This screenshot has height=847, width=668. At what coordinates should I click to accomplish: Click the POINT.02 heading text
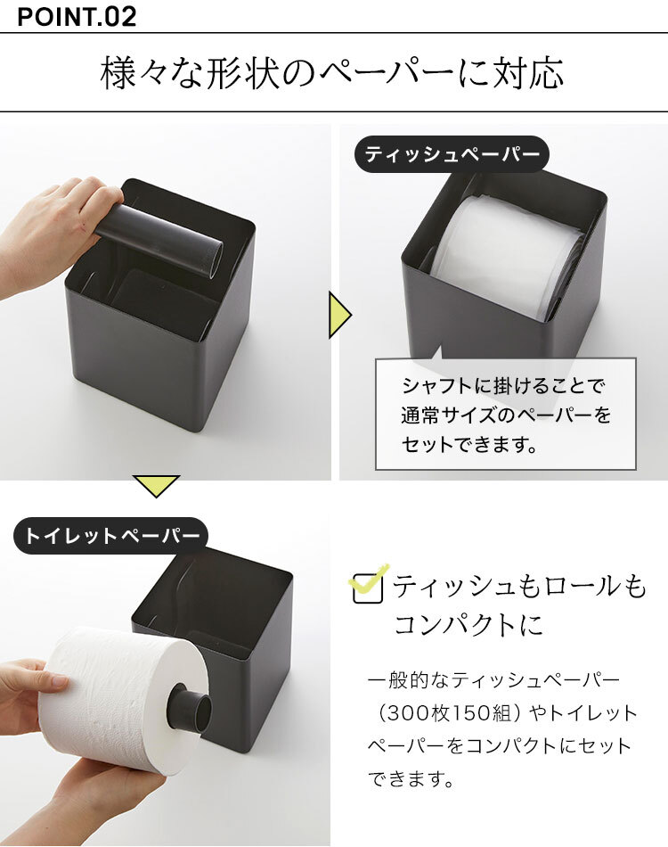pyautogui.click(x=77, y=16)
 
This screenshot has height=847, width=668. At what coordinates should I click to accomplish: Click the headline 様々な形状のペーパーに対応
pyautogui.click(x=332, y=72)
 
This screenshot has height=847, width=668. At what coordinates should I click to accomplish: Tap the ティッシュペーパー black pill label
pyautogui.click(x=452, y=154)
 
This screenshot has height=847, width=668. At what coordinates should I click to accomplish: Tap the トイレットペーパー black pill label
pyautogui.click(x=110, y=536)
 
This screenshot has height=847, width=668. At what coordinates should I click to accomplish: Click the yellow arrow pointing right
pyautogui.click(x=339, y=315)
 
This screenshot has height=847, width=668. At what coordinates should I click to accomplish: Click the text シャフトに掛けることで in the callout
pyautogui.click(x=504, y=386)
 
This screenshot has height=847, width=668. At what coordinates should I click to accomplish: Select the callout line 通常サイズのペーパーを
pyautogui.click(x=506, y=415)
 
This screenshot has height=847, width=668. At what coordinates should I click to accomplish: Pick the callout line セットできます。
pyautogui.click(x=469, y=444)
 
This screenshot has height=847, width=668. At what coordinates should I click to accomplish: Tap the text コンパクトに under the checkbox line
pyautogui.click(x=468, y=626)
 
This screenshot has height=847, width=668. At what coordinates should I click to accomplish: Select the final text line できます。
pyautogui.click(x=410, y=779)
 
